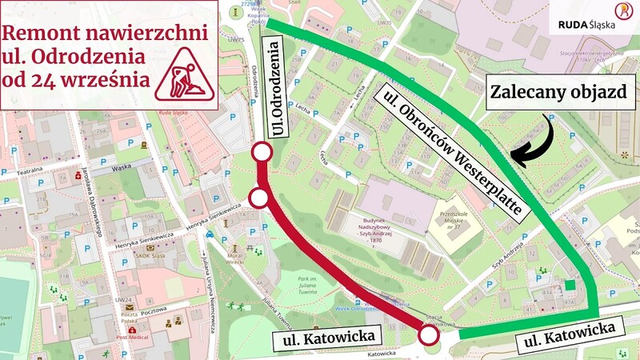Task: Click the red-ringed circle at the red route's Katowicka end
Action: pos(429,334)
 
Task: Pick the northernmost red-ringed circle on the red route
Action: pos(261,153)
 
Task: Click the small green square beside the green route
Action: pos(569,284)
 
